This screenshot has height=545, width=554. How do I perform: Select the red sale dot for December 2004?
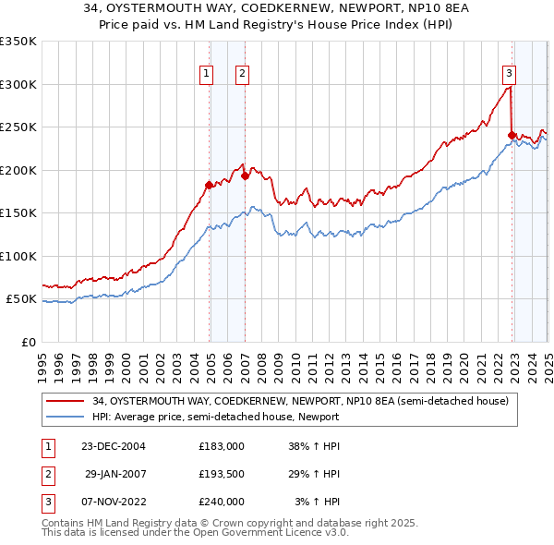(x=209, y=185)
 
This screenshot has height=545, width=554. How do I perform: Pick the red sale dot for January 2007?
(x=245, y=176)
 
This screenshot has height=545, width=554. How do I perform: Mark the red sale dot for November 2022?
(x=512, y=135)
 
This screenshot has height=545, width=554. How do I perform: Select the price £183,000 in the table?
(x=221, y=447)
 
